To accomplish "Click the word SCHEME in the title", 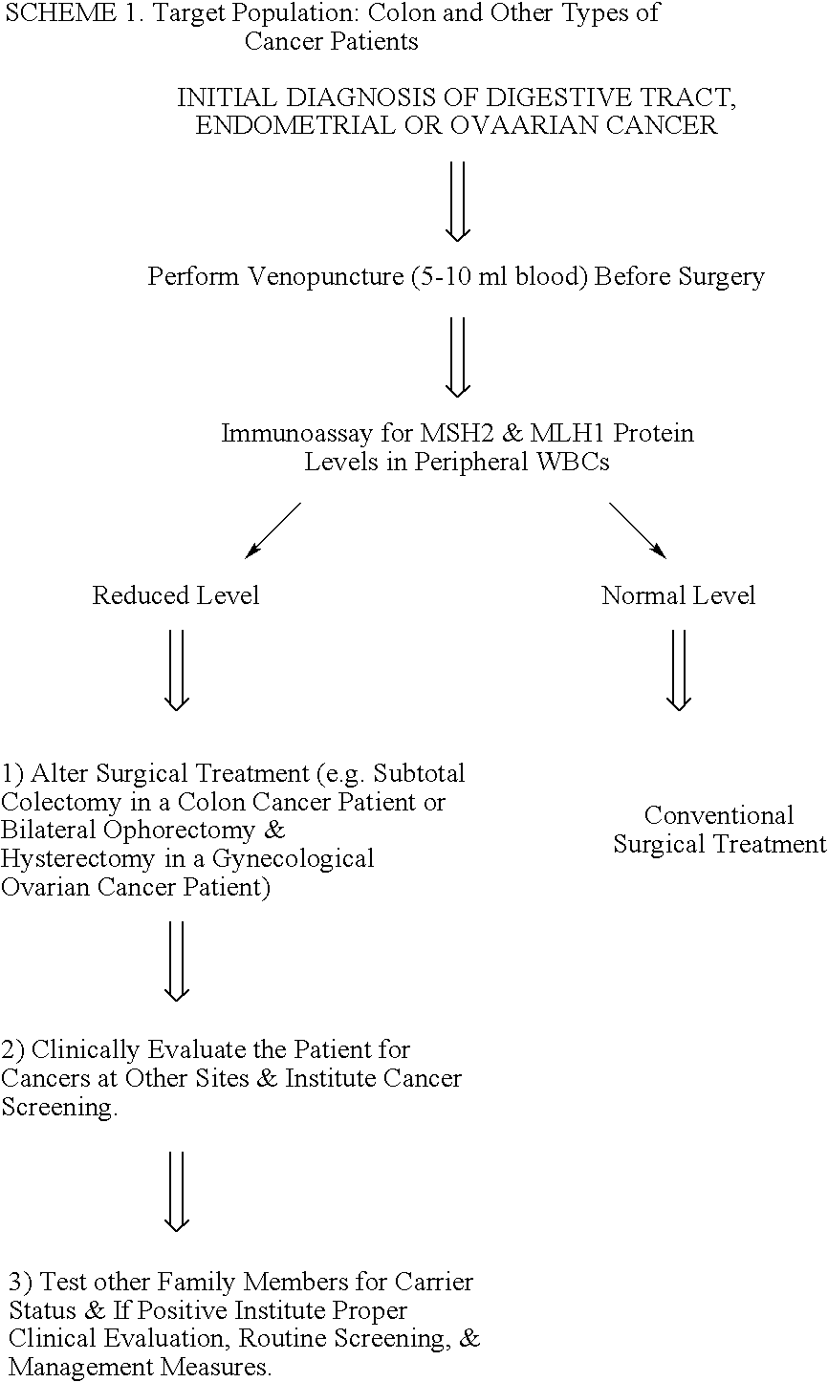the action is click(60, 13).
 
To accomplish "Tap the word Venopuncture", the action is click(326, 276).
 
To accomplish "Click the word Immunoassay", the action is click(296, 434).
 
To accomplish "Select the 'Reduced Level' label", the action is click(176, 595).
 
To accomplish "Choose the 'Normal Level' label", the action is click(678, 595).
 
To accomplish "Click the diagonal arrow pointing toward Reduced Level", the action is click(272, 530).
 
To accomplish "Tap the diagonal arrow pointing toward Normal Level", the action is click(638, 530).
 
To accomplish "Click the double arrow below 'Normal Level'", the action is click(679, 670).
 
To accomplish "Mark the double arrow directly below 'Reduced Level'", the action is click(177, 670).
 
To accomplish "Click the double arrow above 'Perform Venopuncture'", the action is click(458, 202).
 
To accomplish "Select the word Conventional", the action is click(719, 815).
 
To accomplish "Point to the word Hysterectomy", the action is click(77, 859).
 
